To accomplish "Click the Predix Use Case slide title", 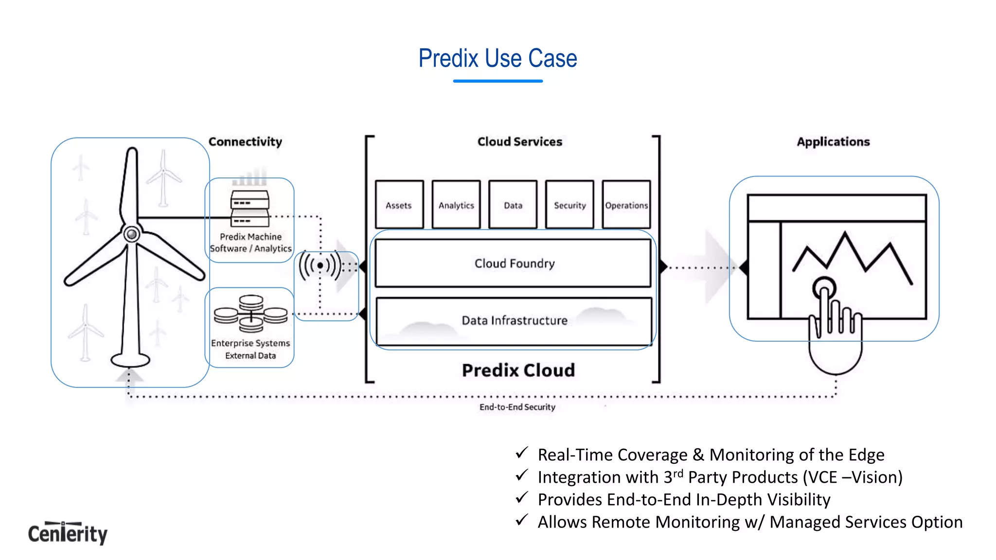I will pos(498,58).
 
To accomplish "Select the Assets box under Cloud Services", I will pos(399,205).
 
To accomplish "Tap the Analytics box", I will pos(456,205).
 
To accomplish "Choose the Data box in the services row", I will pos(513,205).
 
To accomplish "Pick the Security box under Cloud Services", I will pos(569,205).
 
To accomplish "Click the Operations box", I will pos(626,205).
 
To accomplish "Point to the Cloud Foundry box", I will pos(514,263).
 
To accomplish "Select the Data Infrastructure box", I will pos(514,321).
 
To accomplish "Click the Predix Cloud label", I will pos(518,370).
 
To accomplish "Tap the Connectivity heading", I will pos(245,141).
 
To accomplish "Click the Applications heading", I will pos(833,141).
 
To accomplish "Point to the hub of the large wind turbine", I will pos(131,234).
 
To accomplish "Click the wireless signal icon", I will pos(320,265).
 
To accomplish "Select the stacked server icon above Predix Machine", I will pos(250,209).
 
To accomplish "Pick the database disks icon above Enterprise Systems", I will pos(251,314).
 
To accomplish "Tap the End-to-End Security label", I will pos(517,407).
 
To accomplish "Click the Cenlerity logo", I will pos(68,533).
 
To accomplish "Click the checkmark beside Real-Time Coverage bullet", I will pos(522,453).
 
